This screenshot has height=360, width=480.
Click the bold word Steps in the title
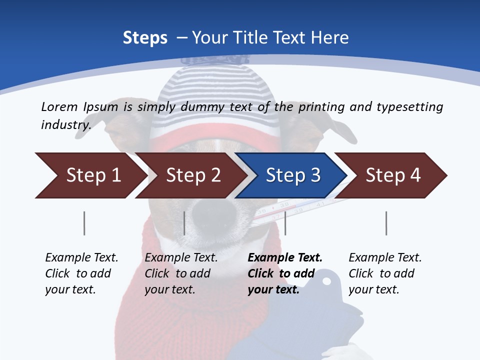pyautogui.click(x=145, y=37)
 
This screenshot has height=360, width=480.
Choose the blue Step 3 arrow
pyautogui.click(x=293, y=175)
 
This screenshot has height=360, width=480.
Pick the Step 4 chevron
pyautogui.click(x=393, y=175)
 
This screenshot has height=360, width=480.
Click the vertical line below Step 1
pyautogui.click(x=84, y=223)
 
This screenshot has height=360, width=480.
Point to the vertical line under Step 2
pyautogui.click(x=184, y=223)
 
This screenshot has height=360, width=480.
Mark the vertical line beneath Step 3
pyautogui.click(x=285, y=223)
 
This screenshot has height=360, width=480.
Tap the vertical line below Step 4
pyautogui.click(x=386, y=223)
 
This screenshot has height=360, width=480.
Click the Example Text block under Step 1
pyautogui.click(x=81, y=273)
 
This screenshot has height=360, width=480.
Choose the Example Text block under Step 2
pyautogui.click(x=180, y=273)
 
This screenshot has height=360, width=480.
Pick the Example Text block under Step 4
pyautogui.click(x=384, y=273)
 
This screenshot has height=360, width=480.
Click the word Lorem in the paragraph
pyautogui.click(x=59, y=106)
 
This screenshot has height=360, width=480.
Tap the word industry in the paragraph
pyautogui.click(x=65, y=124)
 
